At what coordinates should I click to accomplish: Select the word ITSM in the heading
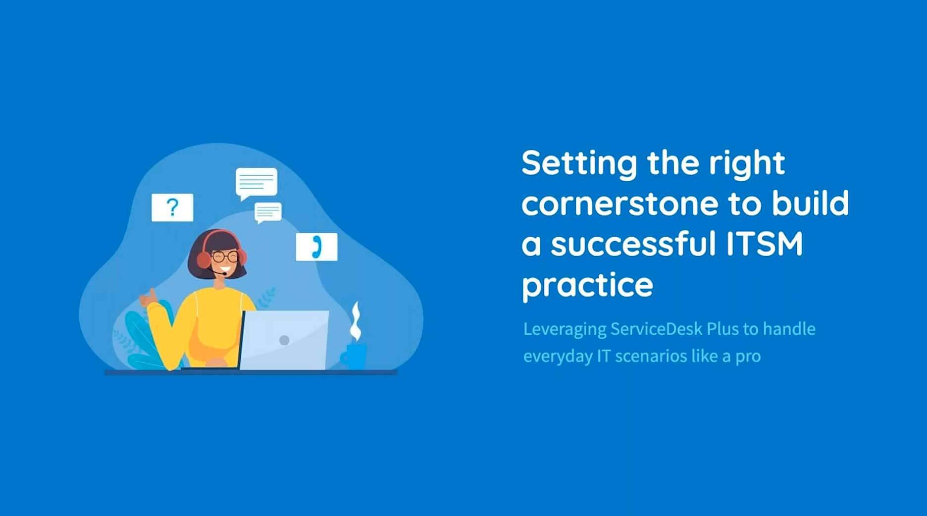764,244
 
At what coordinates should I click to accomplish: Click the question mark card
172,207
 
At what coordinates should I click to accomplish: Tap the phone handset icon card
316,247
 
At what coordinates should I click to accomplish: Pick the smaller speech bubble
268,213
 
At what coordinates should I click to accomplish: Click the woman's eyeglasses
224,257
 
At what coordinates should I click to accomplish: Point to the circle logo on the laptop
284,340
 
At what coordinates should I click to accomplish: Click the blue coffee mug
354,355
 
